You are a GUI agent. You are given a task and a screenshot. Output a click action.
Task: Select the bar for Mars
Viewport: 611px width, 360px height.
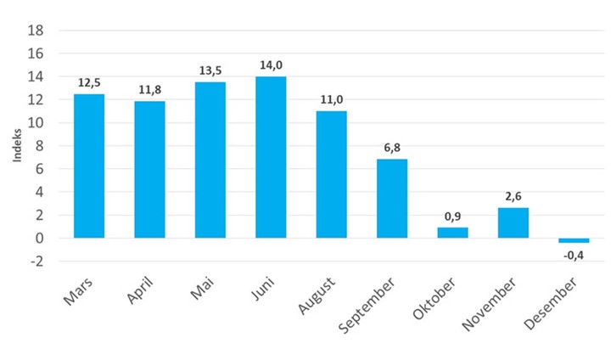click(89, 166)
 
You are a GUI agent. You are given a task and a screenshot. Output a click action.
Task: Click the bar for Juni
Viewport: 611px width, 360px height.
click(271, 157)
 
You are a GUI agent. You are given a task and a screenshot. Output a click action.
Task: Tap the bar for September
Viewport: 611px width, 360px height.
click(392, 199)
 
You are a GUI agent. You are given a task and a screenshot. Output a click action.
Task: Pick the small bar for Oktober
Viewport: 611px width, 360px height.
click(452, 233)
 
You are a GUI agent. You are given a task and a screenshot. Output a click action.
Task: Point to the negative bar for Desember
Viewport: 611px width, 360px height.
click(574, 240)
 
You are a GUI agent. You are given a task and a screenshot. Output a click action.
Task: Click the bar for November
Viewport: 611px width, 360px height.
click(513, 222)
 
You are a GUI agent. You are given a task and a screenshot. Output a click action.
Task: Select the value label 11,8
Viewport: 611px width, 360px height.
click(149, 89)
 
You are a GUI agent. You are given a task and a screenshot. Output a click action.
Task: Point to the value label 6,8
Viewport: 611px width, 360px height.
click(392, 147)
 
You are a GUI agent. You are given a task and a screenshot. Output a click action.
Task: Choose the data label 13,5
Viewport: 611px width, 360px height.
click(210, 70)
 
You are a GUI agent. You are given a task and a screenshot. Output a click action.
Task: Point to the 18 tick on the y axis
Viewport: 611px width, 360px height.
click(36, 31)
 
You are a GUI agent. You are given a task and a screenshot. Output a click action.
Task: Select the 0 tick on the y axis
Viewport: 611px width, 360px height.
click(40, 239)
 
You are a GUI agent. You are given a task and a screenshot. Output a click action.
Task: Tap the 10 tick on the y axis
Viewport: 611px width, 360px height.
click(36, 123)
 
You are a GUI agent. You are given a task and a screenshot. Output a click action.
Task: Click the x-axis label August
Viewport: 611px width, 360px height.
click(318, 293)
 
